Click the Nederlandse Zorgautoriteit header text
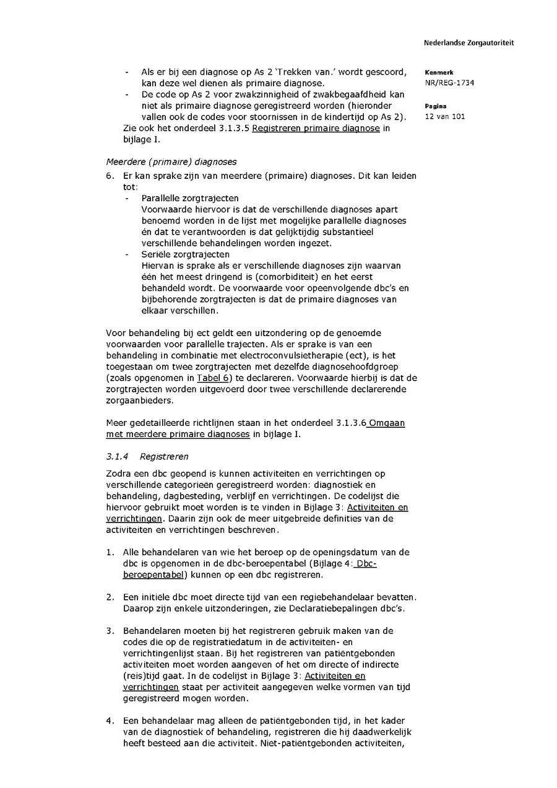pyautogui.click(x=468, y=43)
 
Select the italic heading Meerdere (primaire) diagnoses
pyautogui.click(x=171, y=162)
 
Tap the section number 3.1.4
pyautogui.click(x=117, y=457)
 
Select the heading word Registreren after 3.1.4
pyautogui.click(x=164, y=457)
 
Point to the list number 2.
pyautogui.click(x=110, y=597)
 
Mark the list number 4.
pyautogui.click(x=110, y=721)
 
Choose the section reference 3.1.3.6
pyautogui.click(x=351, y=423)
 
